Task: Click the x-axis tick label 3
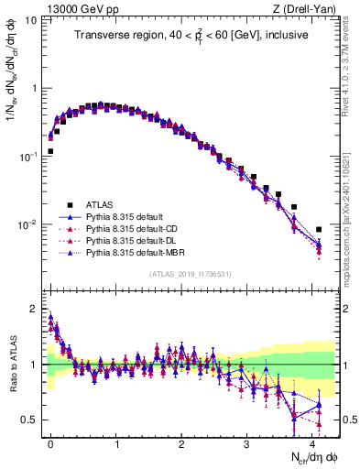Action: click(x=247, y=443)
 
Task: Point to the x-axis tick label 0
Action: click(x=50, y=443)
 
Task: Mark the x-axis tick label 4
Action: click(x=312, y=443)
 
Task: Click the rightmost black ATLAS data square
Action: click(x=319, y=230)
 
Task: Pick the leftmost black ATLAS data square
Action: click(x=50, y=151)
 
